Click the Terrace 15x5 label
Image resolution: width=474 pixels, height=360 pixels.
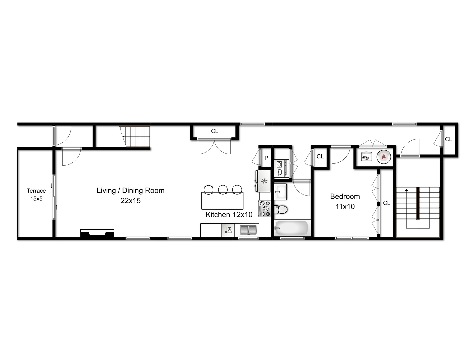[x=36, y=194]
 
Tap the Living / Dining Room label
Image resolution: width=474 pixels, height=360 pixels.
[x=131, y=195]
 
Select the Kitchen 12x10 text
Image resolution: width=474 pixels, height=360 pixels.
[x=229, y=215]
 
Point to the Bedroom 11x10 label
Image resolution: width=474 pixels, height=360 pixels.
[x=345, y=201]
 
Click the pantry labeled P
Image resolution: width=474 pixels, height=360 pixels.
[x=266, y=158]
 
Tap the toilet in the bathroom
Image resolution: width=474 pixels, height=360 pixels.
[x=281, y=210]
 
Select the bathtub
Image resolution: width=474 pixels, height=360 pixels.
[x=292, y=228]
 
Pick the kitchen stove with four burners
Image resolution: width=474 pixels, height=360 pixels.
[x=265, y=209]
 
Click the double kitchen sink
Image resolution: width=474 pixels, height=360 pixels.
[x=248, y=230]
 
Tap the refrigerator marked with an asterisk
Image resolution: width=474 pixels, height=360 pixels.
[x=264, y=181]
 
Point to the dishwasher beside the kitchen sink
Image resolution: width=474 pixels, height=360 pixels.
[x=228, y=230]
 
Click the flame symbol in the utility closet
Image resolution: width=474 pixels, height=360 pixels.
[x=384, y=157]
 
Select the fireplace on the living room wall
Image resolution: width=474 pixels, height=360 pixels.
[x=97, y=233]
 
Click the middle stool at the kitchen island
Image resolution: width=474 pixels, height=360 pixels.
[x=223, y=189]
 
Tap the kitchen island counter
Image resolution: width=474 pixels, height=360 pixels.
[x=222, y=201]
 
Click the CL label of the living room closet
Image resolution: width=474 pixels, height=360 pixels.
[x=215, y=131]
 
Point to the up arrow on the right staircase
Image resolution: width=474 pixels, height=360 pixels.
[x=406, y=190]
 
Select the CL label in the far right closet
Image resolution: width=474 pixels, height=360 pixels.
[x=449, y=139]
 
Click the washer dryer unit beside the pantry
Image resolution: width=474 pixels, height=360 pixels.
[x=280, y=168]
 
